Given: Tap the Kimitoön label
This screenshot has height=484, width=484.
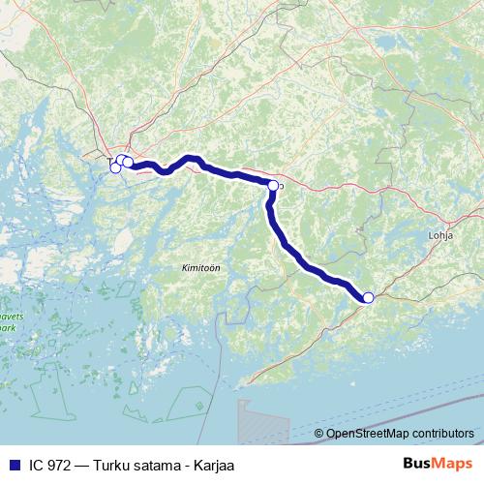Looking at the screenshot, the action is point(201,265).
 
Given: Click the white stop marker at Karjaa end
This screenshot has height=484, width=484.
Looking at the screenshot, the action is point(368,298).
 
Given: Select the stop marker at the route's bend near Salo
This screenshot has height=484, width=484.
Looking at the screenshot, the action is point(273,185).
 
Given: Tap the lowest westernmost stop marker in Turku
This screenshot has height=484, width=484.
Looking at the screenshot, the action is point(115,168).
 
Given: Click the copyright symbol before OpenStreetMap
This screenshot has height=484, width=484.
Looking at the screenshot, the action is point(320,435).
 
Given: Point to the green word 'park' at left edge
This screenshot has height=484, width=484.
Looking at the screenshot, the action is point(8,327).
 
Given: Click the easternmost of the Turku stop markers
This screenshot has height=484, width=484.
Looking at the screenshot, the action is point(129,162).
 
